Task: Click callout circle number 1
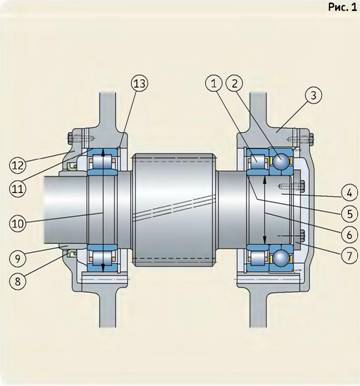(214, 83)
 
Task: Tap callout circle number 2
(235, 83)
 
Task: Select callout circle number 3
(313, 95)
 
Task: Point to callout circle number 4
(349, 193)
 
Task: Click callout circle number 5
(349, 214)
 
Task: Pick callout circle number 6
(349, 235)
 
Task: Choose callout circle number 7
(349, 256)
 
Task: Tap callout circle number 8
(17, 281)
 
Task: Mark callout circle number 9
(17, 258)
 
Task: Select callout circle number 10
(17, 223)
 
